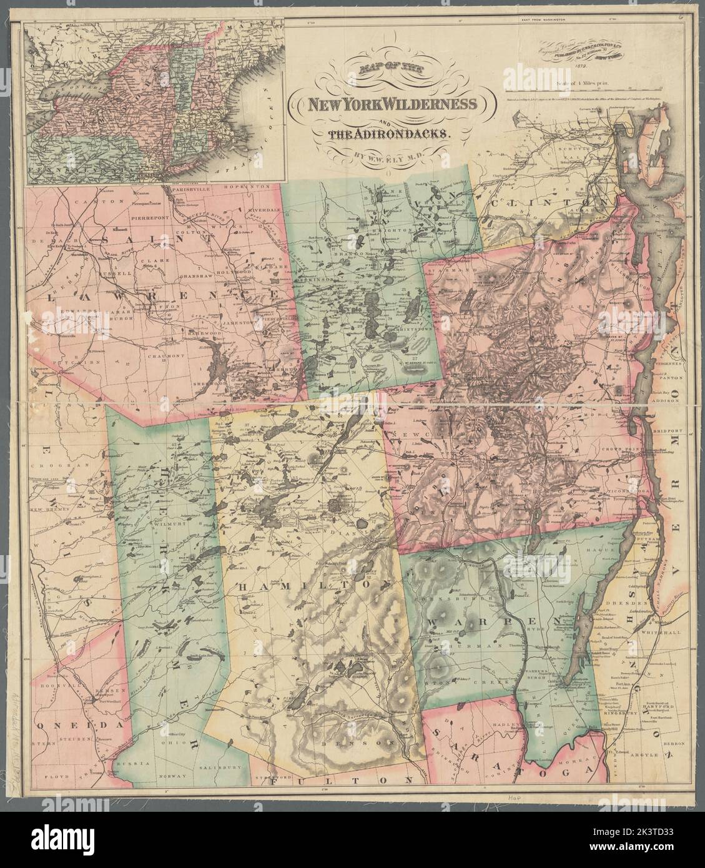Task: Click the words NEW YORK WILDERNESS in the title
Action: point(388,105)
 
